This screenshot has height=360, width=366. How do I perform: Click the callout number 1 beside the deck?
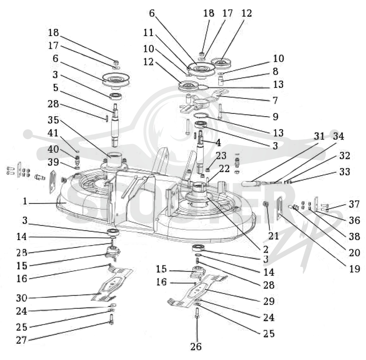25,201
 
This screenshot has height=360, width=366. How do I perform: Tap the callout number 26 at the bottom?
196,347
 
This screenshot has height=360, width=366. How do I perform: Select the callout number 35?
53,120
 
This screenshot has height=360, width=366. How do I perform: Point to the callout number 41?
53,133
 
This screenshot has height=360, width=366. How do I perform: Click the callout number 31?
319,136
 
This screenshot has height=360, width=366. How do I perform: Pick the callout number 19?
355,269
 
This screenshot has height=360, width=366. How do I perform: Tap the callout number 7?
275,100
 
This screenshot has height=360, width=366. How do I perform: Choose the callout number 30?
22,298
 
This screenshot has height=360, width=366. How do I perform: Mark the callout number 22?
224,169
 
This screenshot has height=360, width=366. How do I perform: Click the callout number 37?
354,204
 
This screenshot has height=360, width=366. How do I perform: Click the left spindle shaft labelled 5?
115,125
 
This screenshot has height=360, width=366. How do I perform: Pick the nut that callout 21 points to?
266,204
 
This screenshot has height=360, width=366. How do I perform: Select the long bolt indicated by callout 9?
220,112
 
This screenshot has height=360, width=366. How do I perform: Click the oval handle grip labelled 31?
250,183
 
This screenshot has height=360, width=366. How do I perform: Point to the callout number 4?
218,143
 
